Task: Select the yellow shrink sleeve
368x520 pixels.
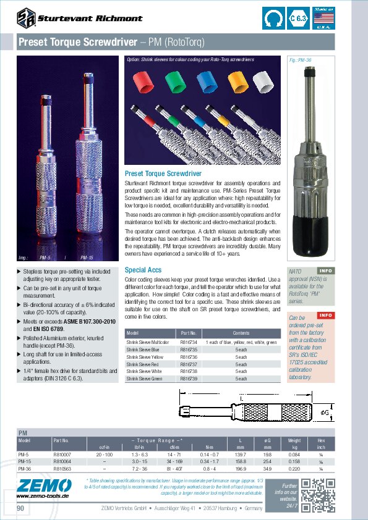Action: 237,82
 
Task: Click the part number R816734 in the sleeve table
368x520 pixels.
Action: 189,342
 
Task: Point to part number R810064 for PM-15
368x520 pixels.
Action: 62,461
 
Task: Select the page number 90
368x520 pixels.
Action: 21,508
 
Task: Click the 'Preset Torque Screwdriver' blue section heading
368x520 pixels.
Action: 163,174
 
